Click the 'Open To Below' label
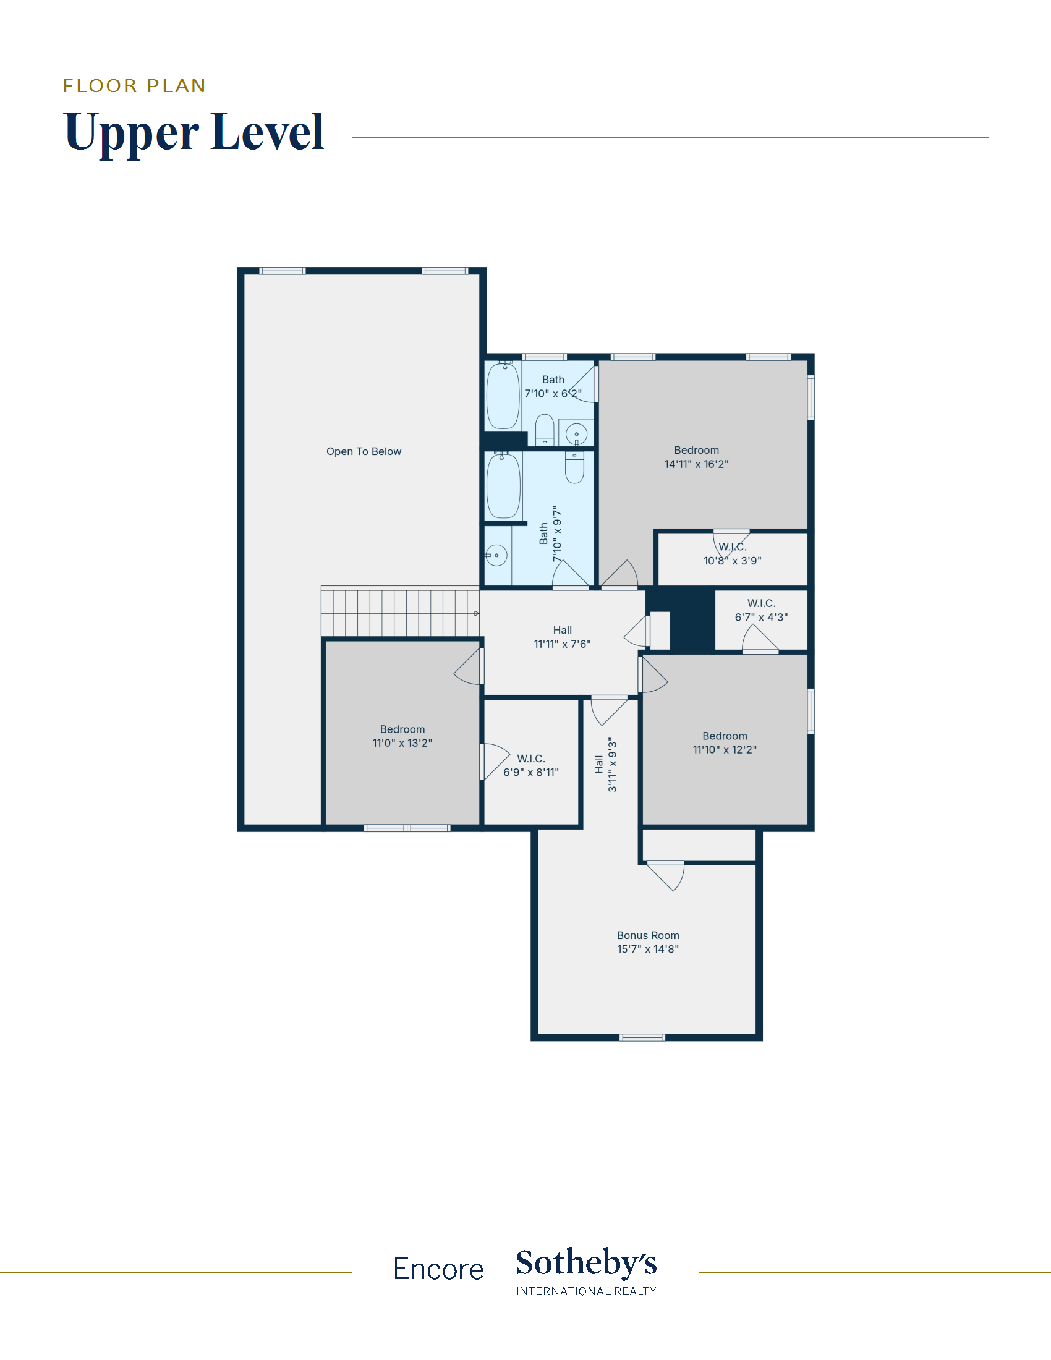coord(364,451)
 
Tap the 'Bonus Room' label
coord(647,935)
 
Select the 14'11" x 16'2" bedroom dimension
coord(696,464)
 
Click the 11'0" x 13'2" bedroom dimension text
coord(402,743)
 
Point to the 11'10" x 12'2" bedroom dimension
coord(725,750)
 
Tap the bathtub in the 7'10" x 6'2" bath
coord(503,396)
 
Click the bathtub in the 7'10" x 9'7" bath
coord(503,486)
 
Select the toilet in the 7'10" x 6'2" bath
coord(545,430)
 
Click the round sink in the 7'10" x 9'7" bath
coord(496,555)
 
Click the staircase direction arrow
coord(477,613)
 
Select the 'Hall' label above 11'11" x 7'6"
coord(562,630)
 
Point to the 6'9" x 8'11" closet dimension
coord(531,772)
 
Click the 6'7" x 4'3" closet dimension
coord(762,617)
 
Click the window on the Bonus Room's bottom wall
coord(642,1037)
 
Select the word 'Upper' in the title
coord(131,132)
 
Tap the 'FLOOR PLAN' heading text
coord(134,85)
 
